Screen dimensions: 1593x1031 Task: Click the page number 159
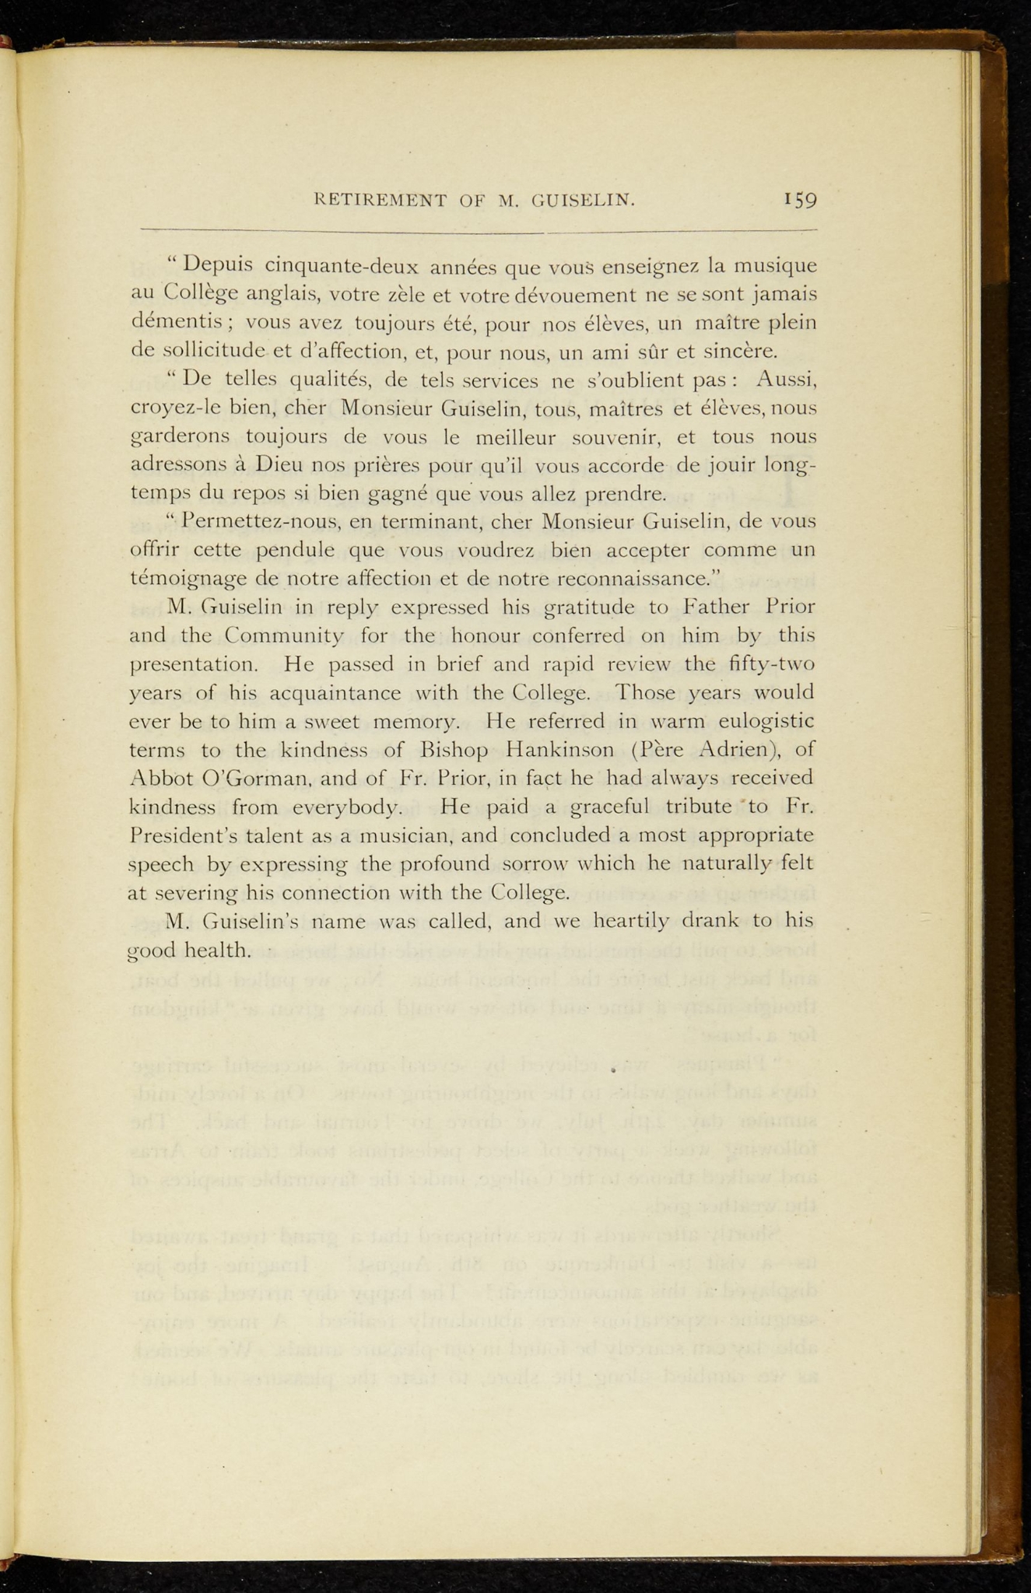pyautogui.click(x=800, y=201)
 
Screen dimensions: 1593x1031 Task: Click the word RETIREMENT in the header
pyautogui.click(x=379, y=201)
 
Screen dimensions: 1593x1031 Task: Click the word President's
pyautogui.click(x=187, y=835)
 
